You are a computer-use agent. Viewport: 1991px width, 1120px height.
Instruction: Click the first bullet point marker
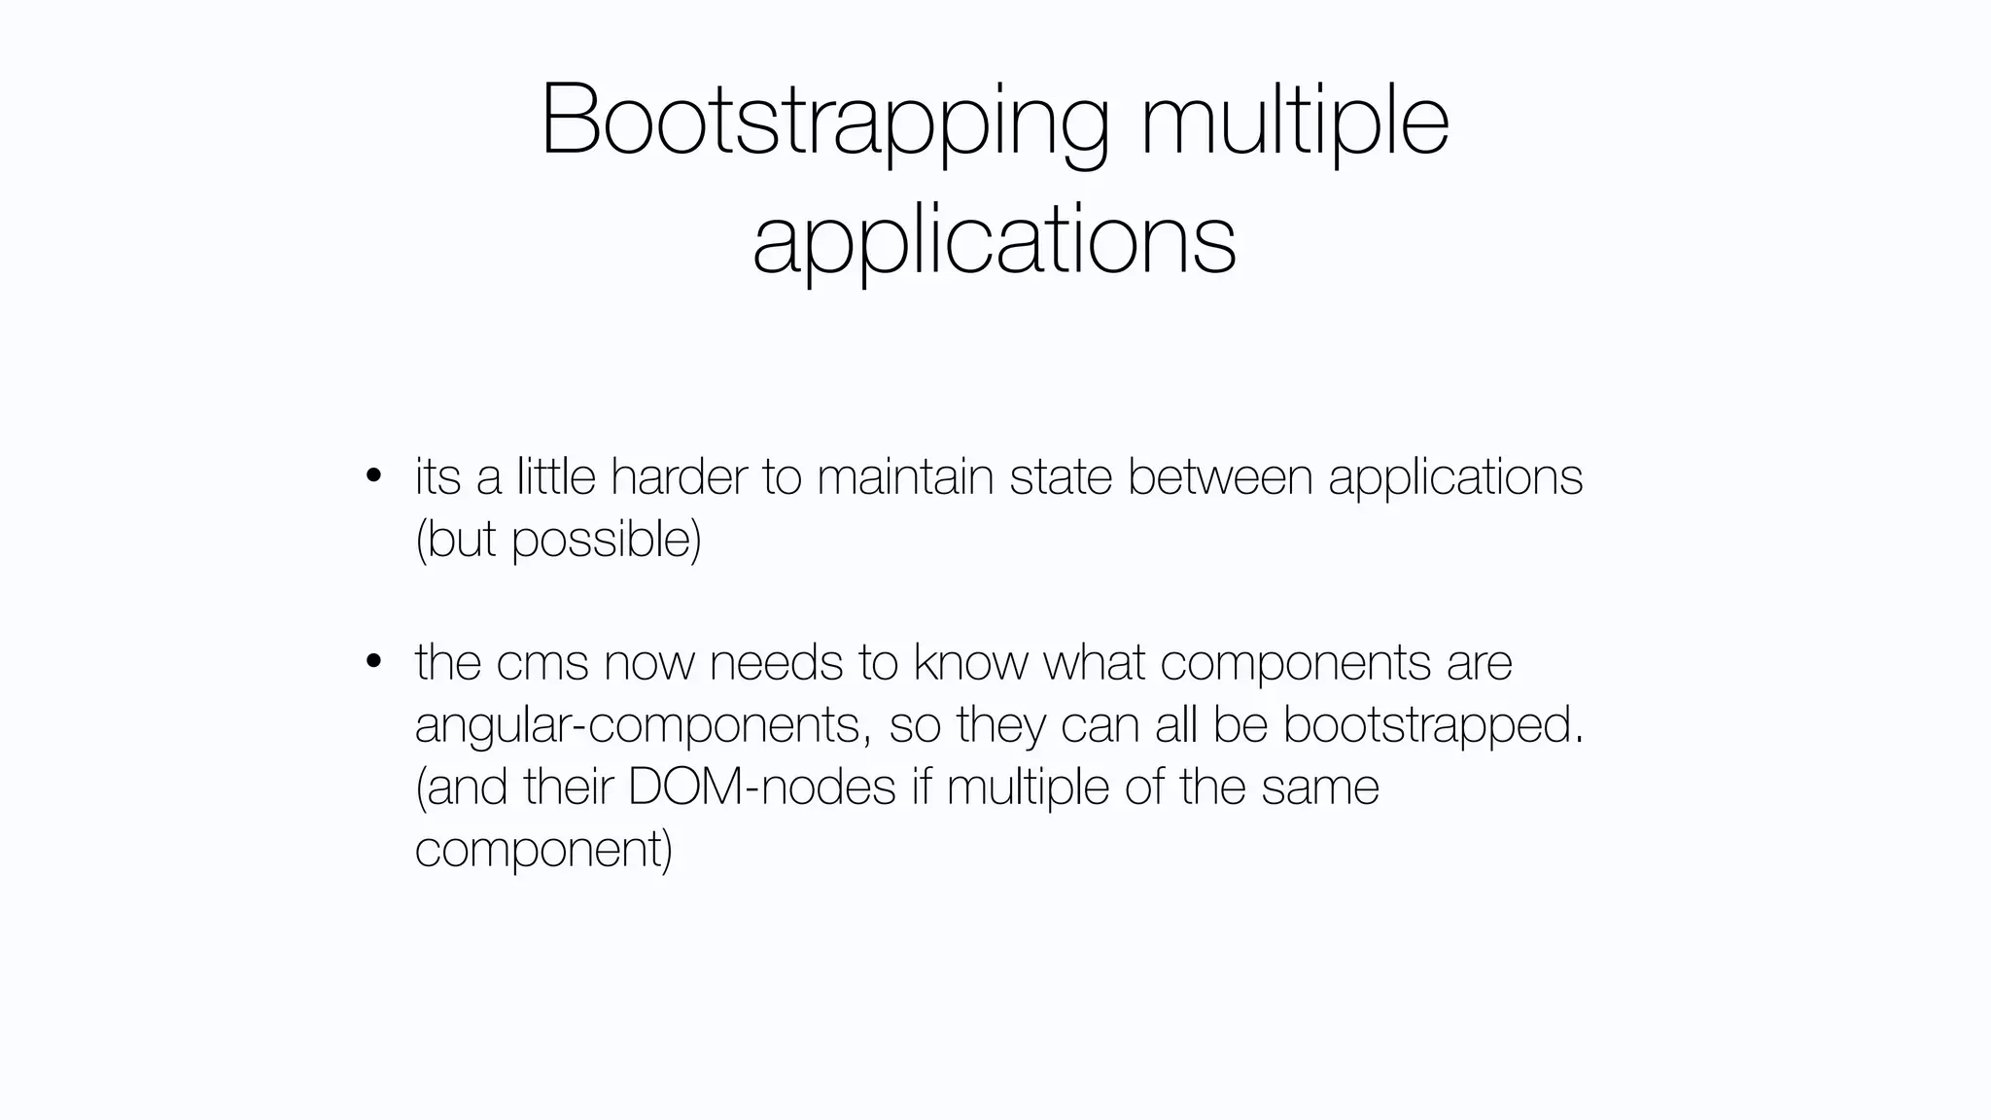click(372, 476)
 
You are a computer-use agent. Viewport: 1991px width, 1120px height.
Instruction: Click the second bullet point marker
click(372, 662)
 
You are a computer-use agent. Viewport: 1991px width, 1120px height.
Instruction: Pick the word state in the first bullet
click(1061, 476)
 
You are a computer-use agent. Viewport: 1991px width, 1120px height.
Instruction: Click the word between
click(1220, 476)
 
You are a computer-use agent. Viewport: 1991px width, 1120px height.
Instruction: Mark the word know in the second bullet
click(970, 662)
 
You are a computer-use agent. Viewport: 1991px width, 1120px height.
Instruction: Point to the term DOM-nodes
click(761, 787)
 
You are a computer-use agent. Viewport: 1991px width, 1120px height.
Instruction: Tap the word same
click(1320, 787)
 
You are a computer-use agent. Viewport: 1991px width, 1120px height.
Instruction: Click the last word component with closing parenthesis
click(543, 849)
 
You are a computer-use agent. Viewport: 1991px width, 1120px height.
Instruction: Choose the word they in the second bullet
click(1000, 724)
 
